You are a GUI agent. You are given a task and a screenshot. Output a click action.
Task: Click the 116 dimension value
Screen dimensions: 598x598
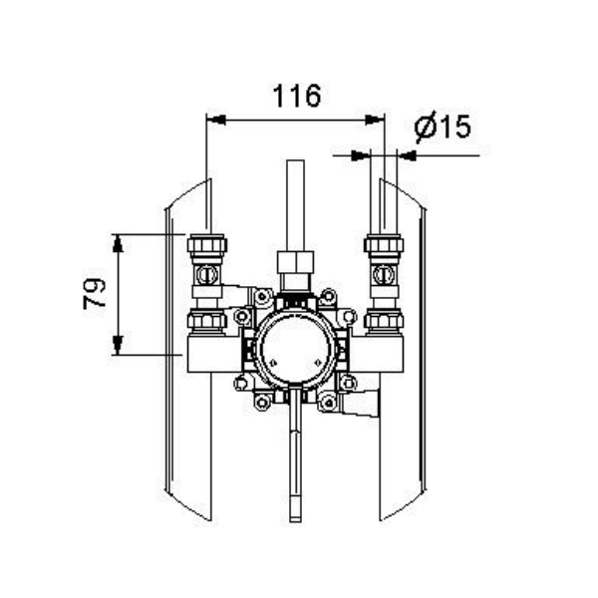297,96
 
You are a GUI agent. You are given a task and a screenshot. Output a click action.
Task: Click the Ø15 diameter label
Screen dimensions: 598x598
443,127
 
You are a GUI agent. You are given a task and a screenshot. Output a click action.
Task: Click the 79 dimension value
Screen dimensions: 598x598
94,293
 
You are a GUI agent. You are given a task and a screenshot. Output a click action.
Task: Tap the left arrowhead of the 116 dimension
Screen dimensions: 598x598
216,120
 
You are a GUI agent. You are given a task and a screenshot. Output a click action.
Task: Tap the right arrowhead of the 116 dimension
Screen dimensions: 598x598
375,120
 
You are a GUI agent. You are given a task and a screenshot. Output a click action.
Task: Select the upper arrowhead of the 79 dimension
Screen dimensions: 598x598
118,243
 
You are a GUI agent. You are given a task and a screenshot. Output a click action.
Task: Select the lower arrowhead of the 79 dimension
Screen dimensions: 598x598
118,345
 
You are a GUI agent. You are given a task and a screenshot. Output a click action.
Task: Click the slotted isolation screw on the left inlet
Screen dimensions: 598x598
207,274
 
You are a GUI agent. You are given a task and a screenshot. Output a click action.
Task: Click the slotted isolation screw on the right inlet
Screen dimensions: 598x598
384,274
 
